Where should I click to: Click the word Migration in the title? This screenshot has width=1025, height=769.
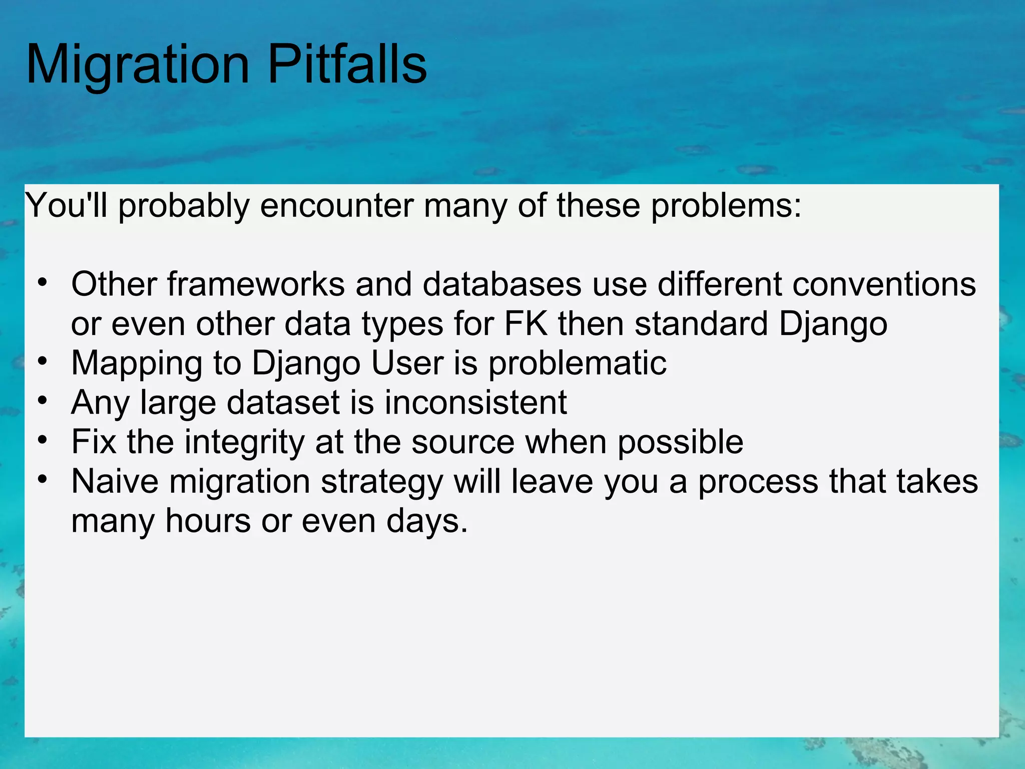pyautogui.click(x=138, y=65)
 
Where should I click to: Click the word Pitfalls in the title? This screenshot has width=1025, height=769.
pyautogui.click(x=347, y=65)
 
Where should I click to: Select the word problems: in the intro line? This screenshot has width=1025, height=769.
pyautogui.click(x=726, y=206)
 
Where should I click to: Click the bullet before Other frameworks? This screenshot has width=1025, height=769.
pyautogui.click(x=43, y=282)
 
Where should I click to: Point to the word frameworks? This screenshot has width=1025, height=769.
pyautogui.click(x=256, y=284)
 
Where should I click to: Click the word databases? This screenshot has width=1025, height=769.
pyautogui.click(x=502, y=284)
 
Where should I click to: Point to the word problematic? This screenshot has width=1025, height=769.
pyautogui.click(x=578, y=364)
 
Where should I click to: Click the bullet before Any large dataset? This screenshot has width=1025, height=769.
pyautogui.click(x=43, y=401)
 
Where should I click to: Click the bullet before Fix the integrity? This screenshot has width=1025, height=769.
pyautogui.click(x=43, y=440)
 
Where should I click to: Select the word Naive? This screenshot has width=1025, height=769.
pyautogui.click(x=115, y=481)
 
